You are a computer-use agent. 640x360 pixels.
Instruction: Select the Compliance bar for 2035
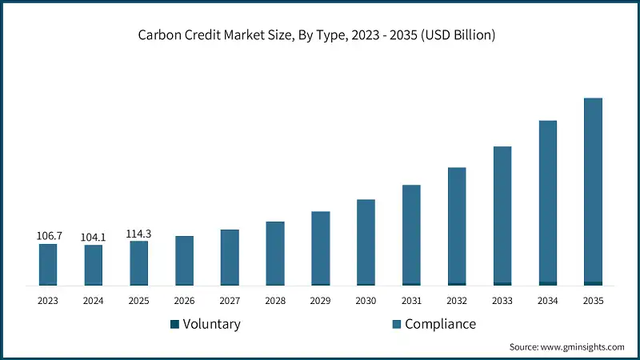(593, 189)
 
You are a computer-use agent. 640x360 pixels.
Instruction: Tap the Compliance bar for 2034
(548, 200)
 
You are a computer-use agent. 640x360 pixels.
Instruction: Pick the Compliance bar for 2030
(366, 240)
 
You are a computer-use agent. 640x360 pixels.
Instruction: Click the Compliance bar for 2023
(48, 263)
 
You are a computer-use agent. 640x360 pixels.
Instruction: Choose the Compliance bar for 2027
(230, 256)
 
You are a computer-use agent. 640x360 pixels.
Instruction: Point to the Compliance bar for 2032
(457, 224)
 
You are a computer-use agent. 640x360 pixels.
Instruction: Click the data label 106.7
(48, 236)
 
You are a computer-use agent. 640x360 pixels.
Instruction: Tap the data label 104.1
(94, 237)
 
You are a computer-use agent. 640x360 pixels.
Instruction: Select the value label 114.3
(138, 234)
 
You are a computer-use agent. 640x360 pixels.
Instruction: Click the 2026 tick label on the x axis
(184, 301)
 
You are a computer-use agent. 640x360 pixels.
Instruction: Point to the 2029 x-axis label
(320, 301)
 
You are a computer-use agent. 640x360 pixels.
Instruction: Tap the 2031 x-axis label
(411, 301)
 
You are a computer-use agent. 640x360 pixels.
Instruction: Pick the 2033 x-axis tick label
(502, 301)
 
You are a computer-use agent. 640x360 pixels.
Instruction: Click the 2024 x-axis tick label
(94, 301)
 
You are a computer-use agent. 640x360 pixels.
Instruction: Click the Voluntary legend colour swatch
(174, 325)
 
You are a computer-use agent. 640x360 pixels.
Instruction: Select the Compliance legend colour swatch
(396, 325)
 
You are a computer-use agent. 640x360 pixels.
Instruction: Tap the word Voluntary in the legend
(211, 324)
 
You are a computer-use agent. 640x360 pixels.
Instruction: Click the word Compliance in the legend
(440, 324)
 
